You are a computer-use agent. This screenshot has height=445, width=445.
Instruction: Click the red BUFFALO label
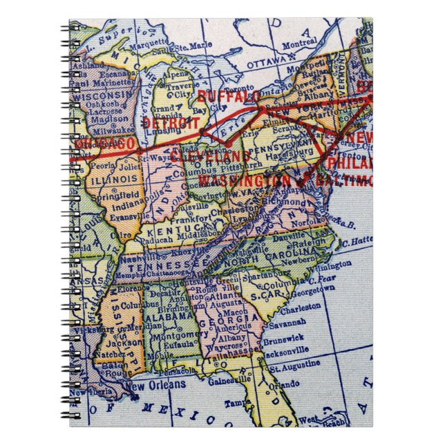click(228, 95)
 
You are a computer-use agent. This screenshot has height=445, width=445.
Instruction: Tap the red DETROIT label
click(167, 122)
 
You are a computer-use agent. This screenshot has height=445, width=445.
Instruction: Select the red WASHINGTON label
click(234, 180)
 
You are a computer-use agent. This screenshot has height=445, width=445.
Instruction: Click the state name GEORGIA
click(220, 322)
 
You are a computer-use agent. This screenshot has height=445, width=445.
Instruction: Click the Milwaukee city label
click(111, 129)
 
